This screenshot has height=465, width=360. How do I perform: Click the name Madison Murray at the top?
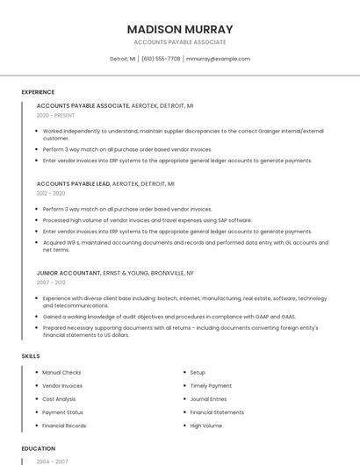click(x=180, y=29)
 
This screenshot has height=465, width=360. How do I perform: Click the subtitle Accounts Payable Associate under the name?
click(x=180, y=42)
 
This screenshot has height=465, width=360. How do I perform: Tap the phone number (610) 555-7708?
click(x=161, y=59)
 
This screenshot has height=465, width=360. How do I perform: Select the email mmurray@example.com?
click(x=219, y=59)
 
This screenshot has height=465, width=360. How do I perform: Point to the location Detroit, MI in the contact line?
click(x=123, y=59)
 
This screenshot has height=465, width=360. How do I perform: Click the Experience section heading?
click(x=38, y=92)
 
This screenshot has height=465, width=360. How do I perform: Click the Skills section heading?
click(x=31, y=356)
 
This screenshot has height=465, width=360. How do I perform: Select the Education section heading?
click(x=39, y=448)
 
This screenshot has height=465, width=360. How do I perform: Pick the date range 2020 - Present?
click(x=55, y=115)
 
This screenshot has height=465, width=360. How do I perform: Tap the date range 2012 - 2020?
click(x=51, y=193)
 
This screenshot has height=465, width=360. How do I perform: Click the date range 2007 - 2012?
click(x=51, y=283)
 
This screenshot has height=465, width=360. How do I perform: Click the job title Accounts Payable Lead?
click(x=73, y=184)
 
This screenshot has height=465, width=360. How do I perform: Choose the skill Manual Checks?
click(x=61, y=373)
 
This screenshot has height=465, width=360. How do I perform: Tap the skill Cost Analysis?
click(x=59, y=399)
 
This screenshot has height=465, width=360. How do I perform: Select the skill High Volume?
click(x=206, y=426)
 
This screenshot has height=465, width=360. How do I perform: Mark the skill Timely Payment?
click(x=211, y=386)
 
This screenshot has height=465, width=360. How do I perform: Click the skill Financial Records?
click(x=64, y=426)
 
